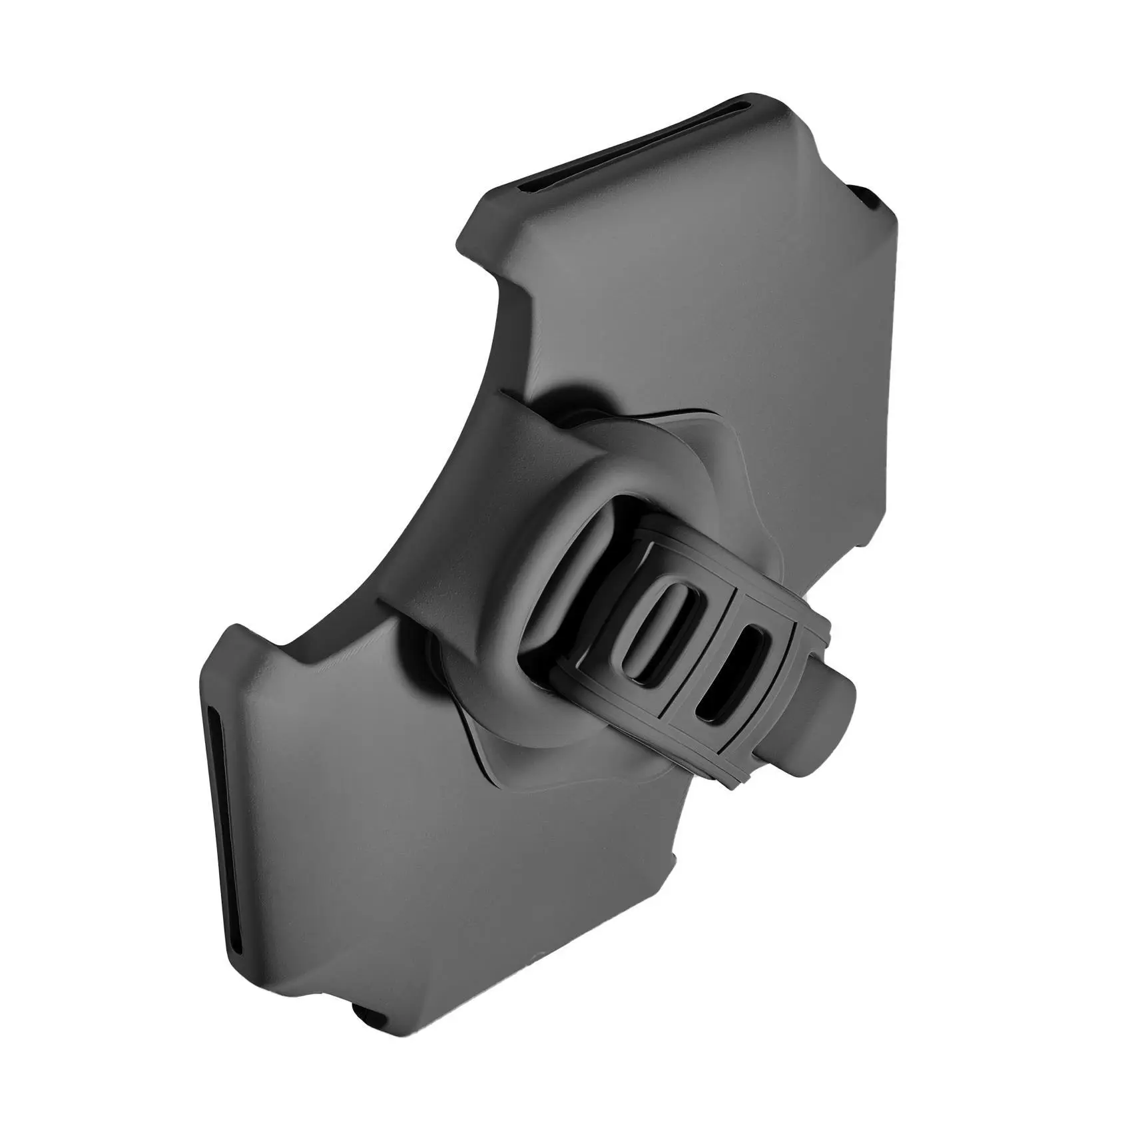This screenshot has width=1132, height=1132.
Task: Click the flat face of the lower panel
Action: pos(373,832)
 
